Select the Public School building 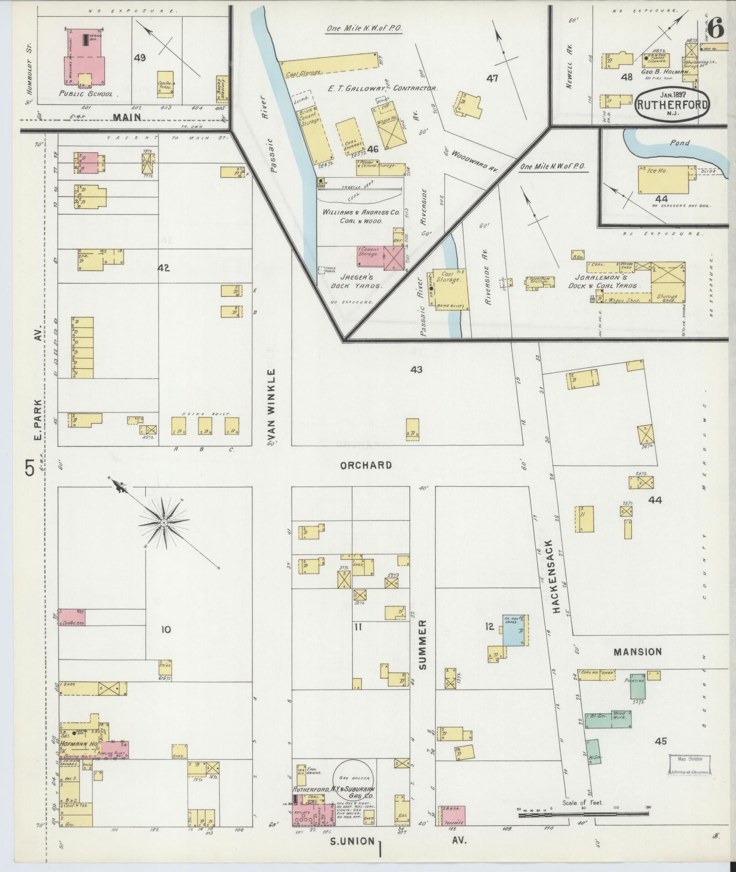pyautogui.click(x=85, y=57)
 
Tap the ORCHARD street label pyautogui.click(x=365, y=465)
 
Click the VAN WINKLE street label pyautogui.click(x=272, y=407)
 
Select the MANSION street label pyautogui.click(x=637, y=652)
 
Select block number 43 pyautogui.click(x=416, y=370)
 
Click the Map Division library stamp pyautogui.click(x=689, y=764)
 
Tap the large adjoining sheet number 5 pyautogui.click(x=30, y=468)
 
